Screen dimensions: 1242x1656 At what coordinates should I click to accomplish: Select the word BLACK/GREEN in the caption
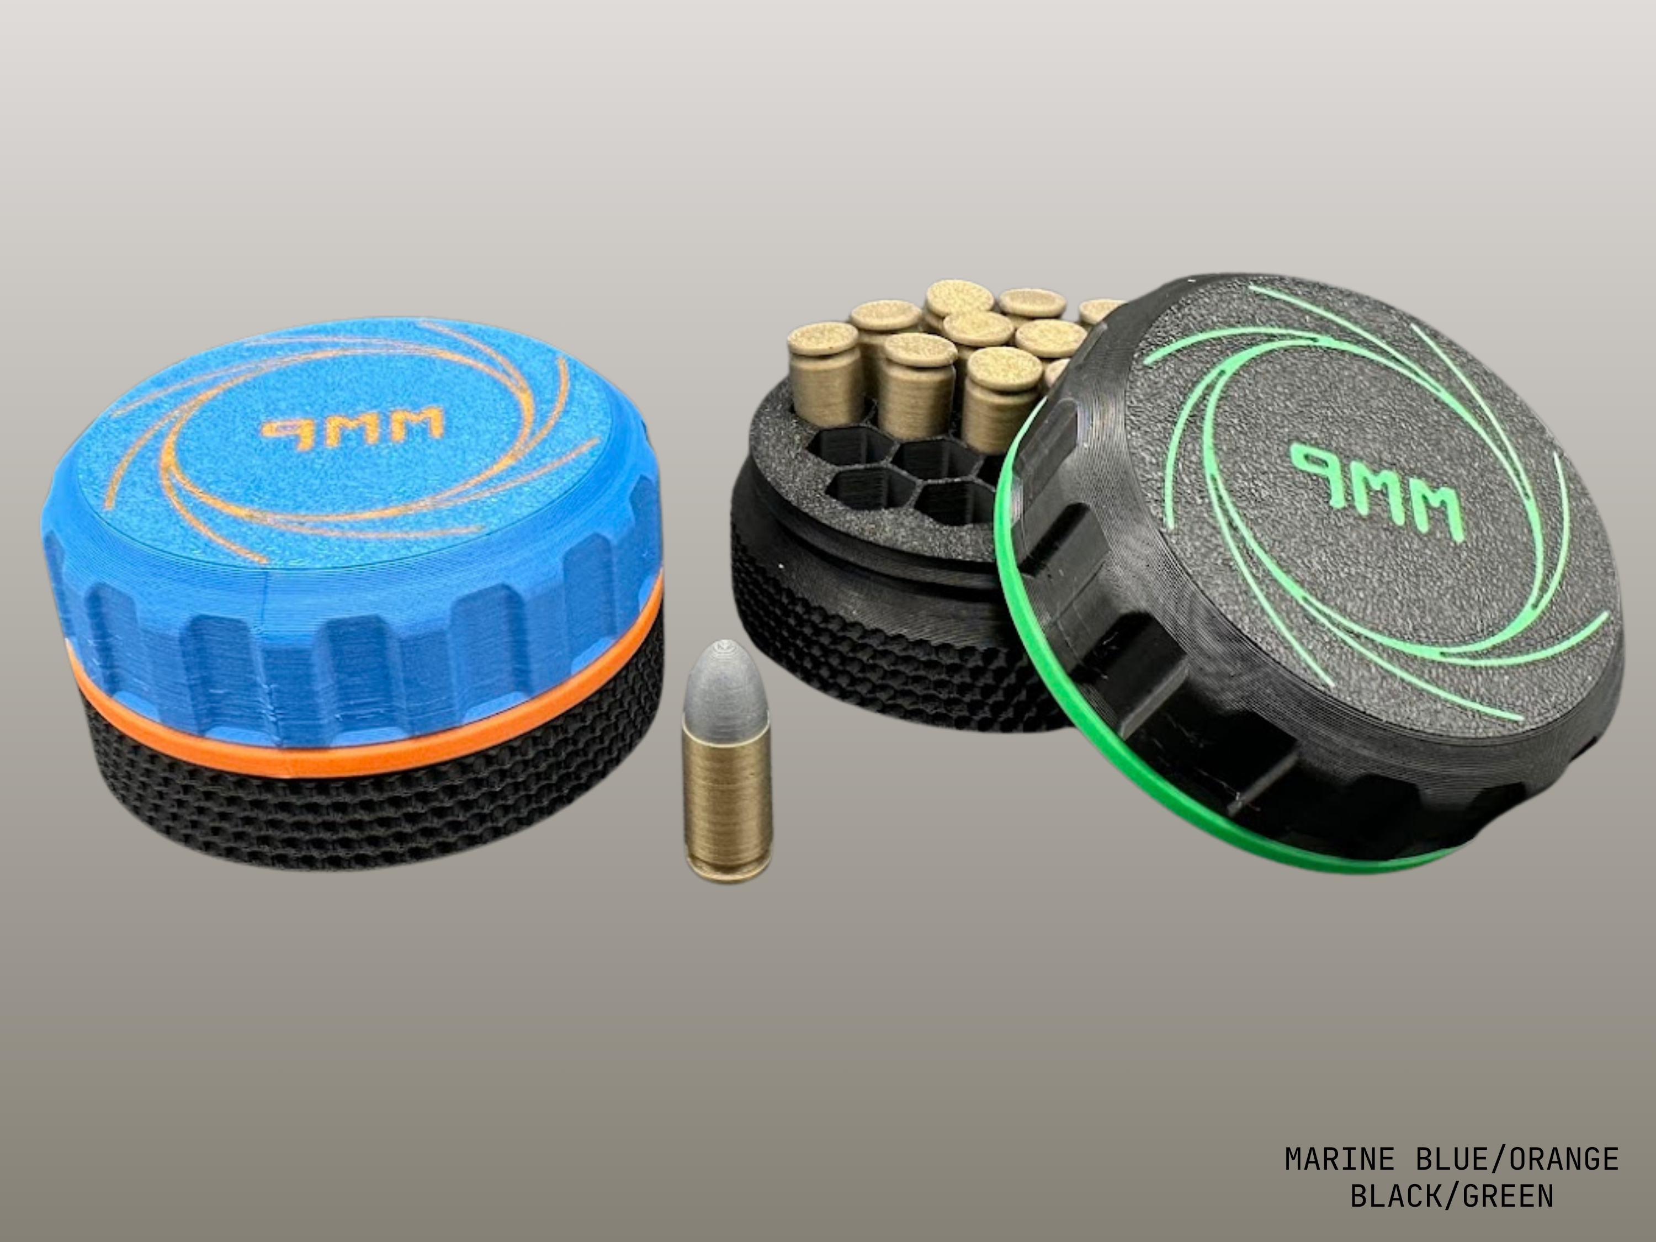coord(1452,1196)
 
